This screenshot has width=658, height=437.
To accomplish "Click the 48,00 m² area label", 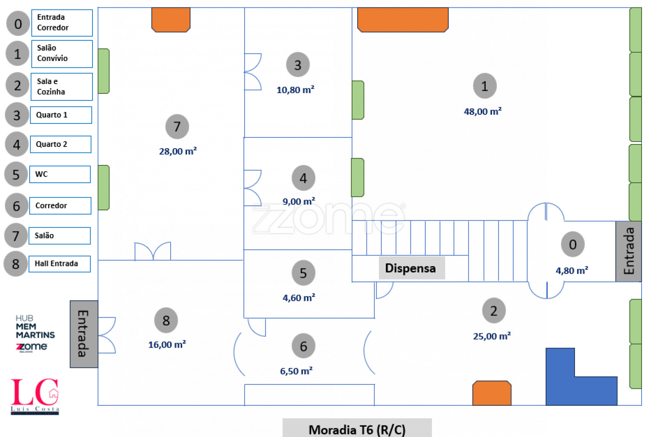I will coord(482,112).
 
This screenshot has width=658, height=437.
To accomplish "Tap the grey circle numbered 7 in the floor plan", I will coord(177,127).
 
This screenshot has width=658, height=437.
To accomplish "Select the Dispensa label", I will coord(411,268).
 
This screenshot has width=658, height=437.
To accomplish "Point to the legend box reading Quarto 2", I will coord(60,144).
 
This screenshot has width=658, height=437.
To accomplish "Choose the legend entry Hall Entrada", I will coord(60,264).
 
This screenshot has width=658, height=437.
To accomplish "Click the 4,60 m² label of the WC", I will coord(299,298).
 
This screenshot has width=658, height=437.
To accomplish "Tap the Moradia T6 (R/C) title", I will coord(357,430).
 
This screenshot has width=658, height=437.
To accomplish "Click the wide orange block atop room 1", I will coord(403,20).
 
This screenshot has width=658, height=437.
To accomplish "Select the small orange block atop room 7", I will coord(171,20).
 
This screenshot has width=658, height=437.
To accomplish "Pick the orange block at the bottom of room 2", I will coord(491,393).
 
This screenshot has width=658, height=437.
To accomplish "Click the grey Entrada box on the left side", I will coord(83,334).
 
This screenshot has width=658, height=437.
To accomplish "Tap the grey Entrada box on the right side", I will coord(628,251).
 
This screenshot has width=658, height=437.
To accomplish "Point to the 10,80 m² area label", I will coord(295,90).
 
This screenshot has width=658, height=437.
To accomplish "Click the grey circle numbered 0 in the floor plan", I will coord(572,244).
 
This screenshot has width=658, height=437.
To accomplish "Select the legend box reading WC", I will coord(60,174).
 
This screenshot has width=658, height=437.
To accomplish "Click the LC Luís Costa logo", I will coord(35,396).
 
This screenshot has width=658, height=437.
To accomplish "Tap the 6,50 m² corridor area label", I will coord(296,371).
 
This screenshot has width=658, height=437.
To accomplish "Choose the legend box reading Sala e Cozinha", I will coord(62,87).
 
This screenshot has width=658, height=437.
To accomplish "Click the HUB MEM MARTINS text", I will coord(35,327).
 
